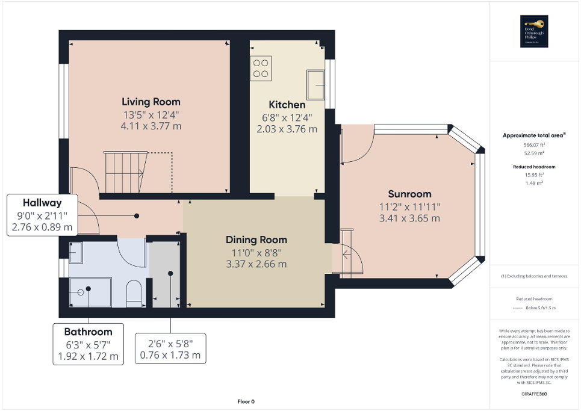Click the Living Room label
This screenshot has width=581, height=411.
151,102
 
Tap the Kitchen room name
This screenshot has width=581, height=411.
287,105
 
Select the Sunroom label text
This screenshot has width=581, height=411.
409,194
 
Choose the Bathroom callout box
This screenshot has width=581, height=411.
88,344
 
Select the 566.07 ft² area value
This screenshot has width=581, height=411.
533,145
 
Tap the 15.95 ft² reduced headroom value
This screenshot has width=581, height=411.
533,176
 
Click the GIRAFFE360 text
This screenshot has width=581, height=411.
533,392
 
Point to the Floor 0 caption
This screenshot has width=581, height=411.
246,401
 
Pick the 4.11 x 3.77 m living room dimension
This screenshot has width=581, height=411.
151,126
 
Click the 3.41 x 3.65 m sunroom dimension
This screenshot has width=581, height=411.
409,218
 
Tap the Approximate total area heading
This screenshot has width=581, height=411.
533,135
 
